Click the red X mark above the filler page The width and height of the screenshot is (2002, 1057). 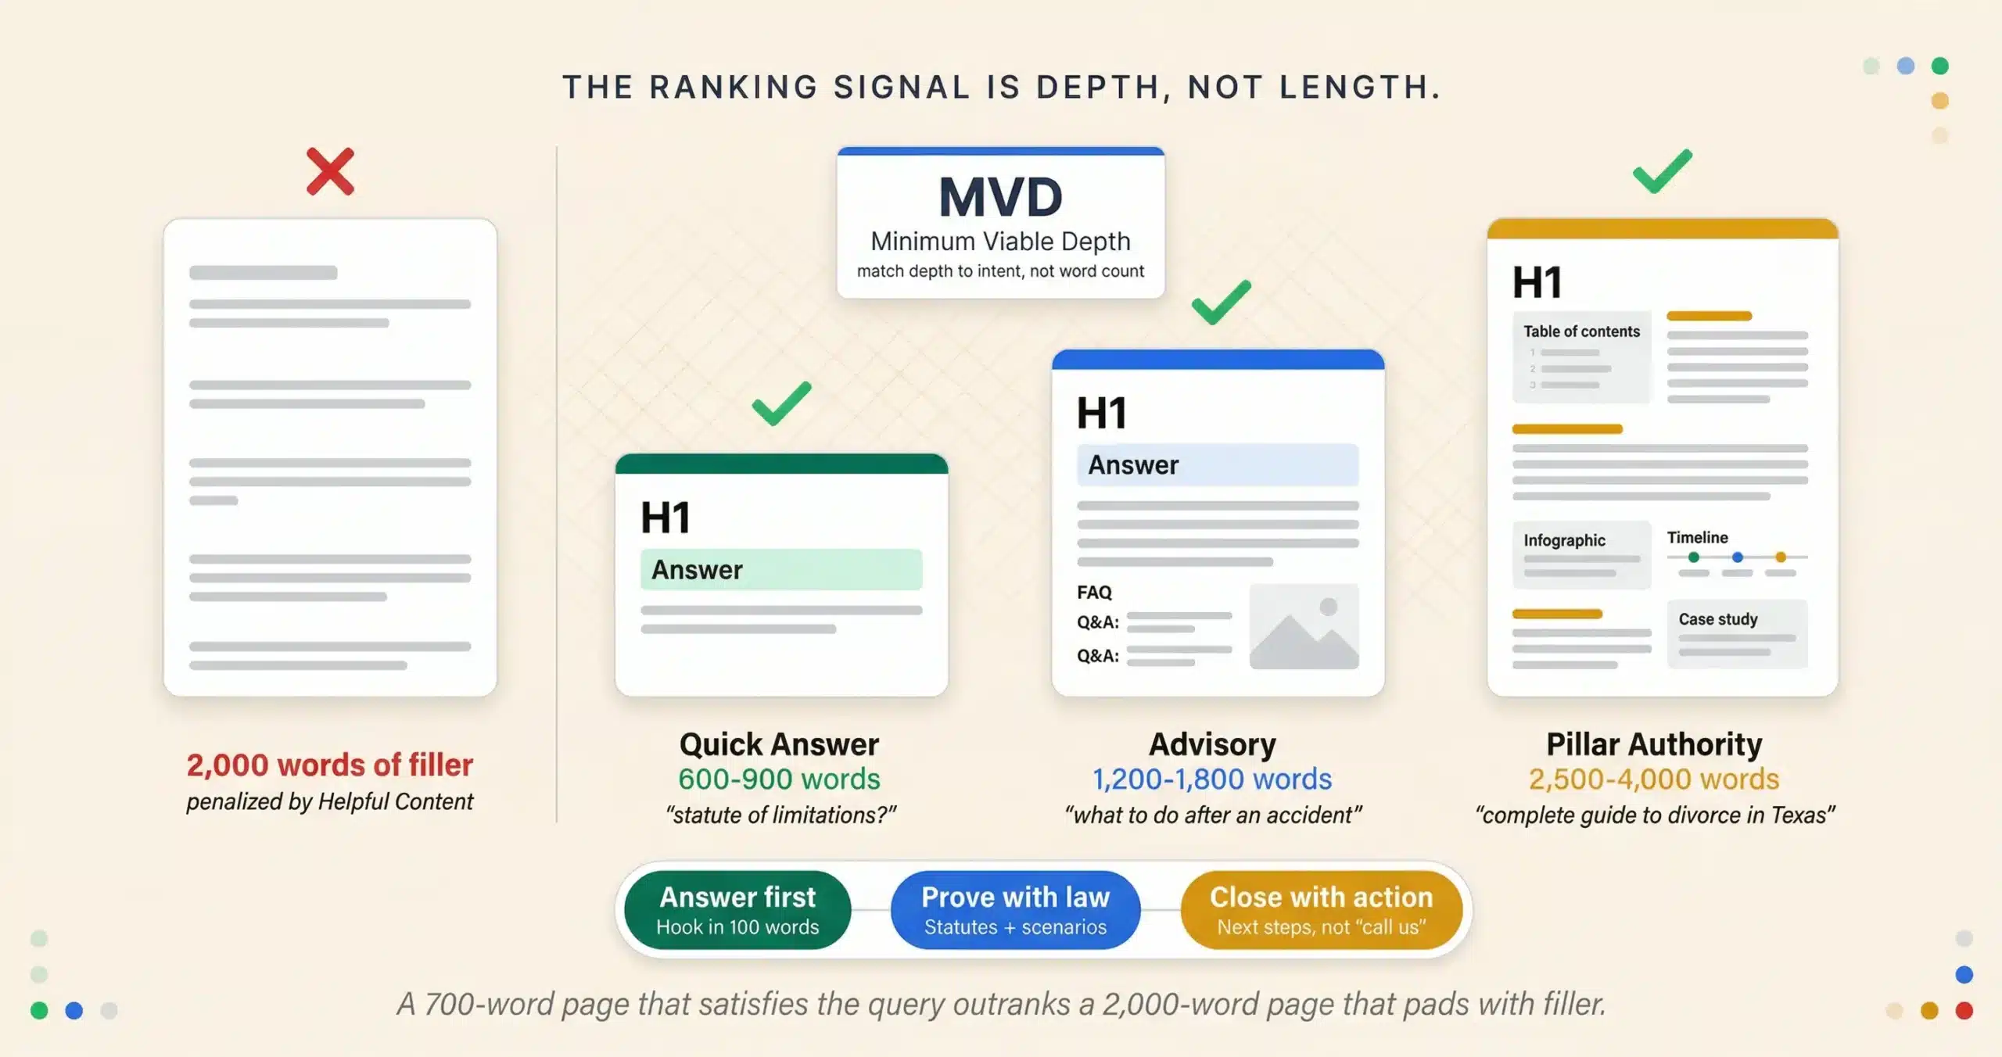pyautogui.click(x=330, y=171)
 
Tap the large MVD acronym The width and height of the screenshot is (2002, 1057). pyautogui.click(x=1000, y=197)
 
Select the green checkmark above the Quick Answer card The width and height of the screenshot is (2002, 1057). pyautogui.click(x=781, y=403)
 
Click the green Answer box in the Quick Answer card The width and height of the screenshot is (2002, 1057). pyautogui.click(x=780, y=570)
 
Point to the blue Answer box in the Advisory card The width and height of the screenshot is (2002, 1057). pyautogui.click(x=1217, y=465)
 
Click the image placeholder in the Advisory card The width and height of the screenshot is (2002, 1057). pyautogui.click(x=1304, y=626)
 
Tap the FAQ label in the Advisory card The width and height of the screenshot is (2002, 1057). pyautogui.click(x=1094, y=593)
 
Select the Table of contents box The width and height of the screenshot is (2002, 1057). pyautogui.click(x=1580, y=357)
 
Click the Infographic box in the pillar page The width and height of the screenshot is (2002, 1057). pyautogui.click(x=1580, y=554)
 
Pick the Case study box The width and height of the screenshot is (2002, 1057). pyautogui.click(x=1736, y=633)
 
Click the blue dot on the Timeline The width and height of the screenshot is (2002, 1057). pyautogui.click(x=1737, y=557)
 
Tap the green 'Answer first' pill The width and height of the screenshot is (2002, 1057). pyautogui.click(x=737, y=910)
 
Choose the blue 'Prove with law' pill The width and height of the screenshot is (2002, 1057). pyautogui.click(x=1015, y=910)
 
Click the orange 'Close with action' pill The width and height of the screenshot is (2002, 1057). pyautogui.click(x=1321, y=910)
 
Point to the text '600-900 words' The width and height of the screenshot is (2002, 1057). pyautogui.click(x=779, y=779)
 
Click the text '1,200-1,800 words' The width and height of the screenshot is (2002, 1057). pyautogui.click(x=1211, y=779)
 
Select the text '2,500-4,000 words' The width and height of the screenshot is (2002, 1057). pyautogui.click(x=1654, y=779)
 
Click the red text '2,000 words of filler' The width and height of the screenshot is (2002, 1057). pyautogui.click(x=329, y=765)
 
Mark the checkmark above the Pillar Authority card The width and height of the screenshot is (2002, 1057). pyautogui.click(x=1662, y=171)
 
